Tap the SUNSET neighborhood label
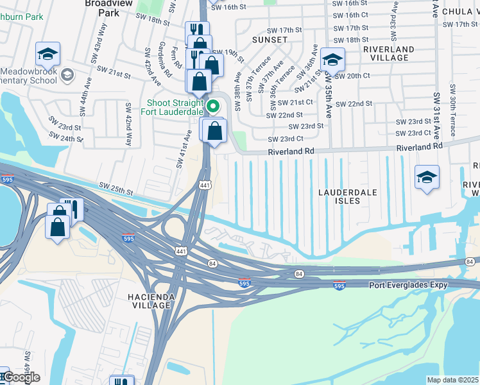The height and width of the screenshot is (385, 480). tap(270, 40)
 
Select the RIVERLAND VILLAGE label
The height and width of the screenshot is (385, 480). tap(388, 53)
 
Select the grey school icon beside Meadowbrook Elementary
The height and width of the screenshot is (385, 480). tap(67, 76)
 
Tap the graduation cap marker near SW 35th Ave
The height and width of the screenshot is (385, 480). tap(332, 60)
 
